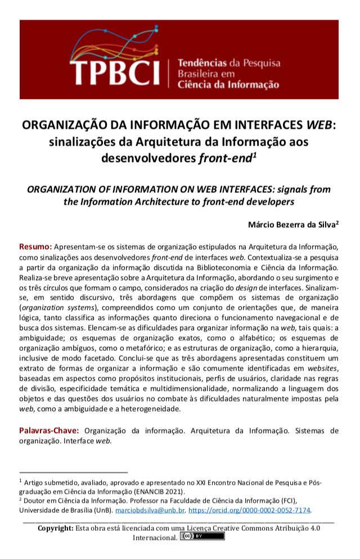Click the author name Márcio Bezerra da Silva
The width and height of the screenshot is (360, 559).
(292, 224)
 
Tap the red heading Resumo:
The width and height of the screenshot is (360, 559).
(36, 246)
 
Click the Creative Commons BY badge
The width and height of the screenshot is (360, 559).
(201, 537)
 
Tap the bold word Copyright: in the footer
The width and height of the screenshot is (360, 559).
(55, 528)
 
